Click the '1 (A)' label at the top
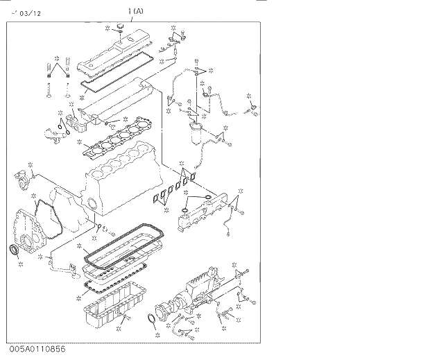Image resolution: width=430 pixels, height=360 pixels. (x=136, y=11)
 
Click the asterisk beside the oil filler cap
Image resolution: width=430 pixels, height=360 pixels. (x=108, y=29)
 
